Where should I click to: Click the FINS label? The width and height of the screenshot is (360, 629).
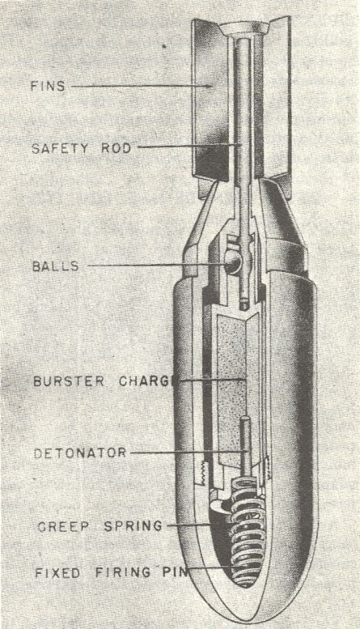point(48,86)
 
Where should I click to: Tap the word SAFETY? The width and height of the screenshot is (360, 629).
point(59,148)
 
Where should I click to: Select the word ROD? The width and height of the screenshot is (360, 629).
point(116,147)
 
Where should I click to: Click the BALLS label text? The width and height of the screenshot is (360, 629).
point(55,266)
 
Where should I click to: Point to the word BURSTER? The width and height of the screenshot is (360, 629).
point(69,380)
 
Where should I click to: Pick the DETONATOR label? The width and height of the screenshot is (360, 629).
point(80,453)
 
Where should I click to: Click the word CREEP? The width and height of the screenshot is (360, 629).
point(63,526)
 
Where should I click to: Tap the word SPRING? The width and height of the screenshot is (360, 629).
point(133,525)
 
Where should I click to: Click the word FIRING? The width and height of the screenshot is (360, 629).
point(123,572)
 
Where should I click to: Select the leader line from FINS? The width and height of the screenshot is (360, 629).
point(142,86)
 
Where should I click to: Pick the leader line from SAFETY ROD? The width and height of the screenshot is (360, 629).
point(188,147)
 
